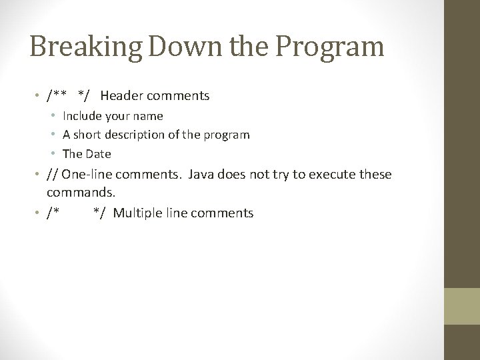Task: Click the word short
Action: [90, 135]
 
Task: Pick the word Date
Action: [99, 153]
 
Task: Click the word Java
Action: [202, 175]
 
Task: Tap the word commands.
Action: [81, 193]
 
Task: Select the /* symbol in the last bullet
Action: [53, 213]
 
